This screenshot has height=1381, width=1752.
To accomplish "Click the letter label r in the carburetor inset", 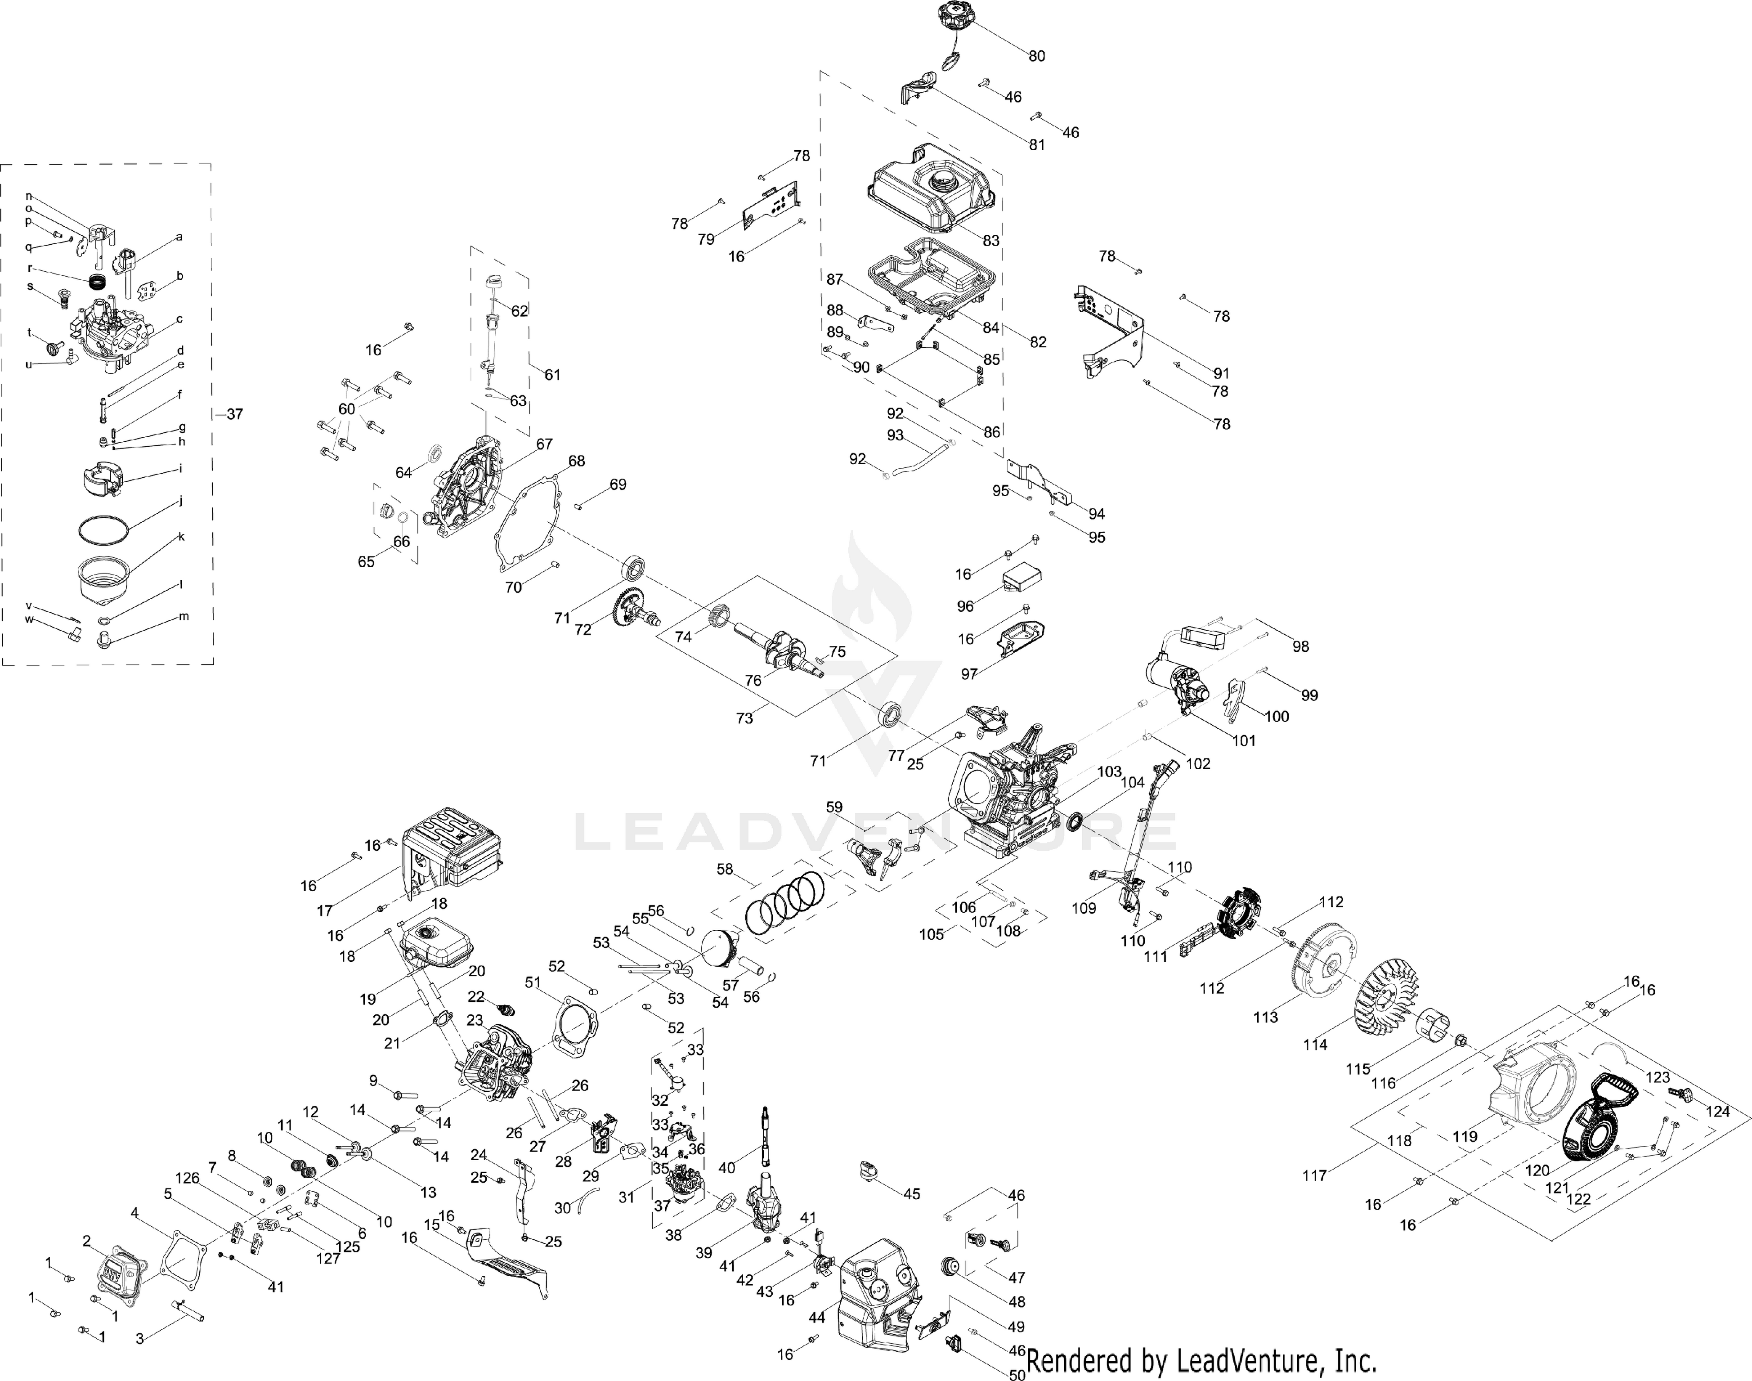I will point(30,268).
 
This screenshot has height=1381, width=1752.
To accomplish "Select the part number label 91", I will point(1221,373).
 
